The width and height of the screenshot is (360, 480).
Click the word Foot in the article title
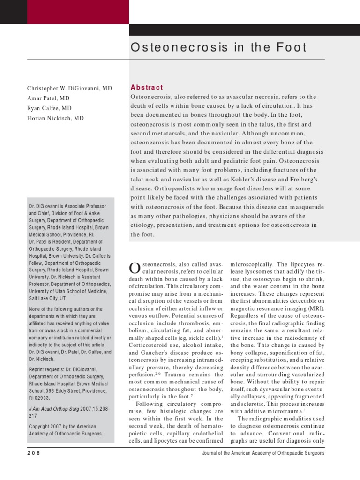pyautogui.click(x=288, y=47)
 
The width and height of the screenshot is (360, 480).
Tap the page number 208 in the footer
pyautogui.click(x=34, y=453)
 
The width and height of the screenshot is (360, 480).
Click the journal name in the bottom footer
pyautogui.click(x=263, y=453)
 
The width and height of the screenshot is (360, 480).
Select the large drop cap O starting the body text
pyautogui.click(x=134, y=268)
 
